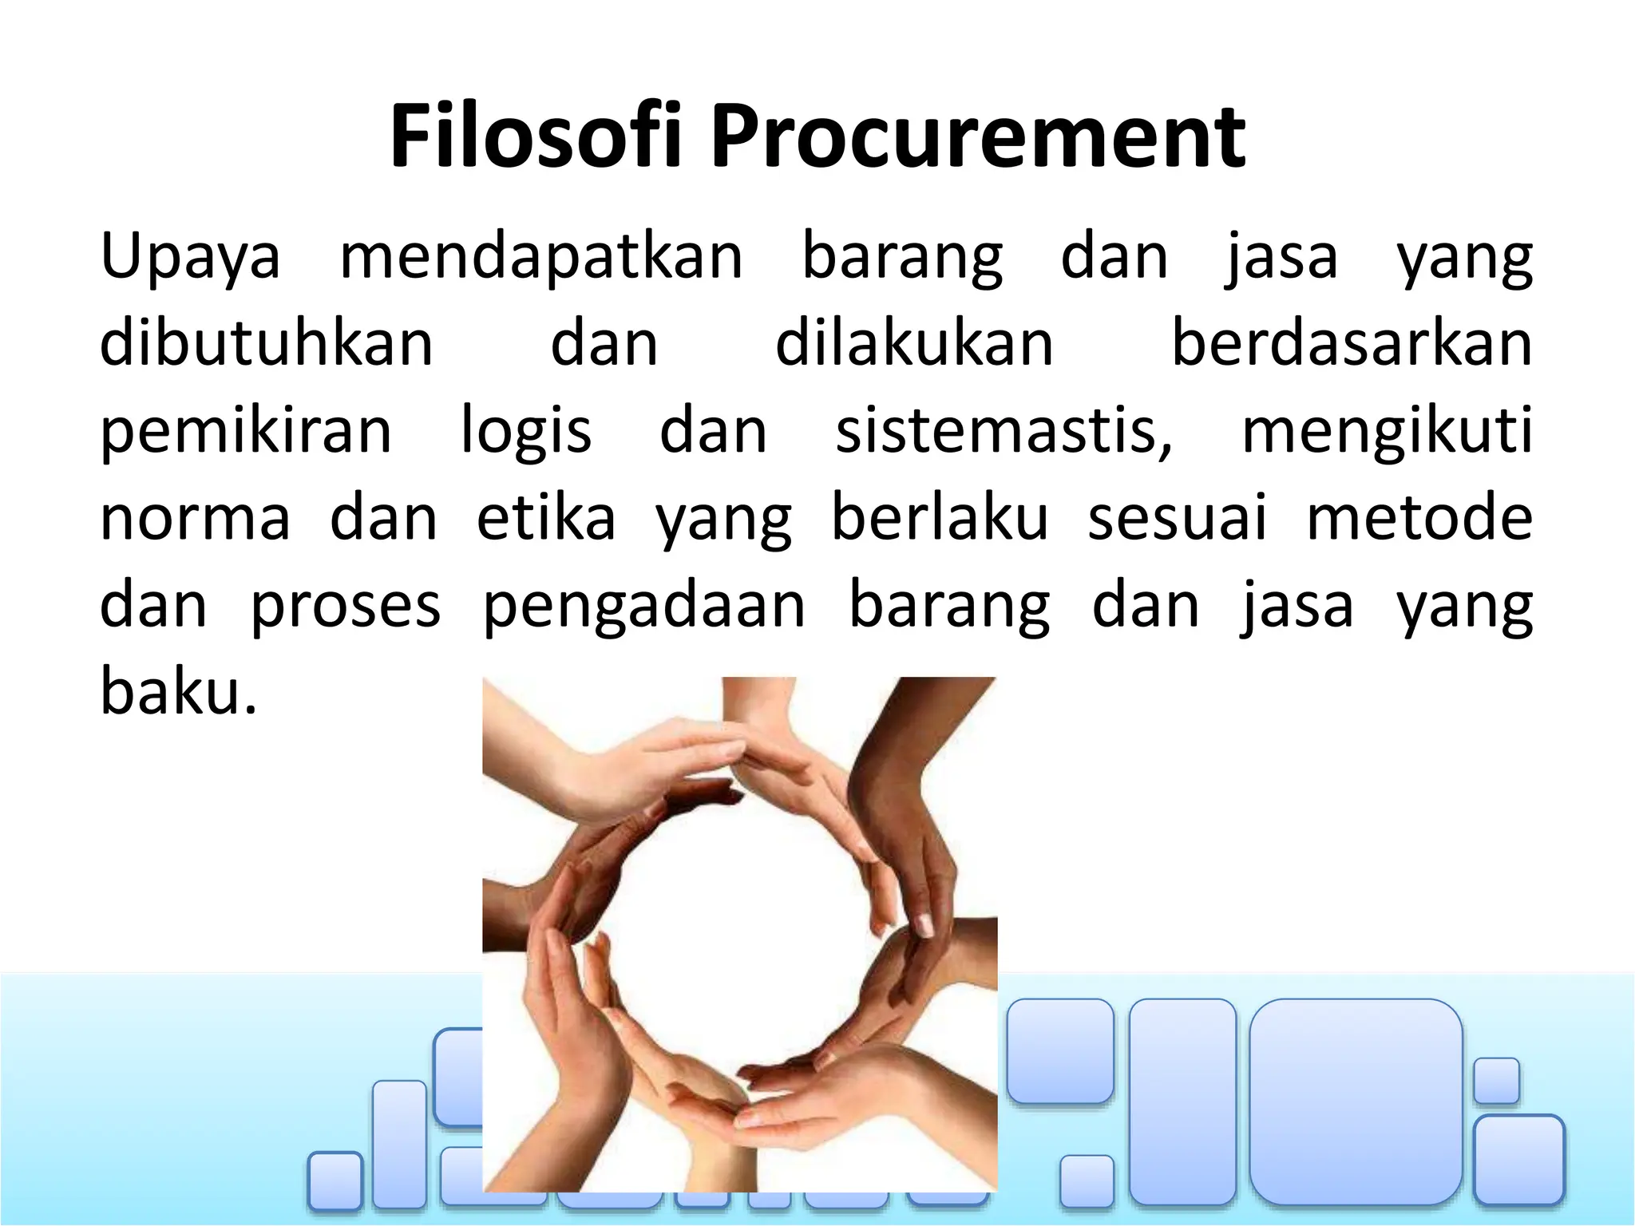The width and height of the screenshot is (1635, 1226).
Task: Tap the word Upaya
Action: (190, 257)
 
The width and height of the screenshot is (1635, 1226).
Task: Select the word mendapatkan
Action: (541, 257)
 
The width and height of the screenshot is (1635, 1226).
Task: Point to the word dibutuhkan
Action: (266, 343)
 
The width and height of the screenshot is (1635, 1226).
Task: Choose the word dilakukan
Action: (914, 343)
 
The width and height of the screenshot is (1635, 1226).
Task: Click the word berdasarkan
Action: (1351, 343)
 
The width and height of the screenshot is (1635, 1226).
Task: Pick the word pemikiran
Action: (246, 431)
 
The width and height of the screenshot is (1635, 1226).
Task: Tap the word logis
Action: (526, 431)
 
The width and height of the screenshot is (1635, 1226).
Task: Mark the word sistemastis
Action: (1004, 431)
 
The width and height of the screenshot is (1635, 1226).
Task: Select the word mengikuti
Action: (1387, 431)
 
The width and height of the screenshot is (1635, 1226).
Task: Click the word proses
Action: (345, 605)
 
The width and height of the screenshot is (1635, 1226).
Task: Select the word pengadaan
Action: (644, 605)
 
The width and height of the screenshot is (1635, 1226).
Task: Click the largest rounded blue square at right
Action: (1356, 1101)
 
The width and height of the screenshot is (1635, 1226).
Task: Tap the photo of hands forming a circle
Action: (739, 934)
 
